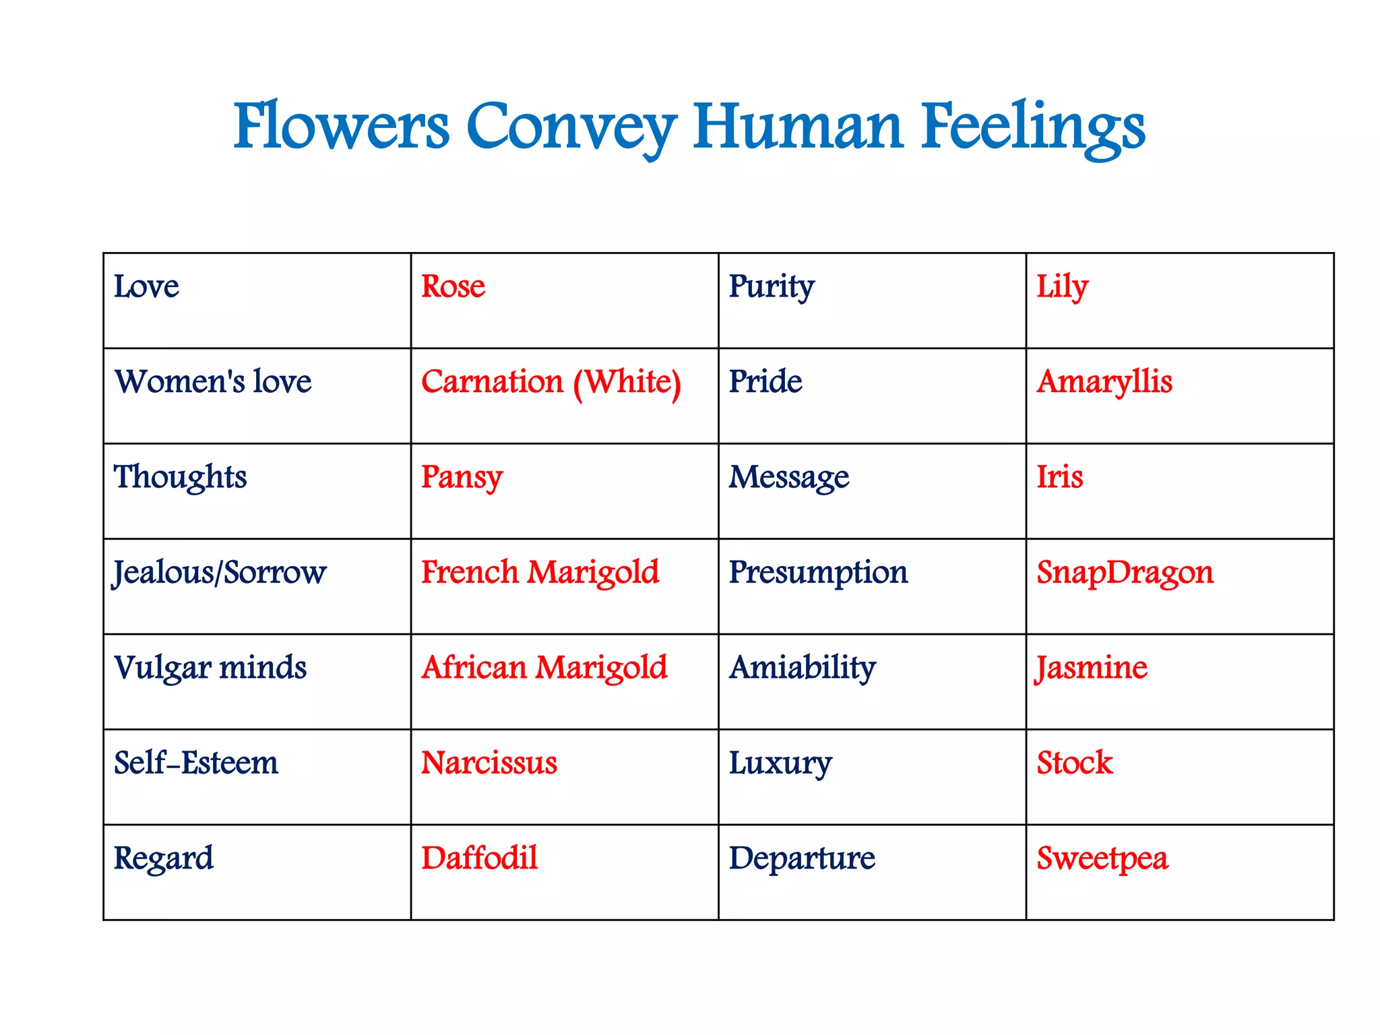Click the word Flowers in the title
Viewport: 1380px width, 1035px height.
[x=341, y=127]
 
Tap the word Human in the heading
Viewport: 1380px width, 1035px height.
[x=798, y=127]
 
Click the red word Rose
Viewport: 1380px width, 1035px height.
[x=453, y=286]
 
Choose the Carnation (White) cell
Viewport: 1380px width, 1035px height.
[x=551, y=383]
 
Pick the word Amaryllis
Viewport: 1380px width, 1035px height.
[x=1104, y=383]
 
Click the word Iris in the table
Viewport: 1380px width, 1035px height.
[x=1059, y=477]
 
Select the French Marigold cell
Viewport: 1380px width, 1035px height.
[x=540, y=573]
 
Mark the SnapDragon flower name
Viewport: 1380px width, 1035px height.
[x=1125, y=573]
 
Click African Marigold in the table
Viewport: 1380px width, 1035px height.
[x=544, y=668]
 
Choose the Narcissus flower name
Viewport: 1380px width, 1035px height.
[x=489, y=763]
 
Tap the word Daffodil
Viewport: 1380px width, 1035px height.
[x=479, y=858]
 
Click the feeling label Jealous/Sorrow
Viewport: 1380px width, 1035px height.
[x=219, y=573]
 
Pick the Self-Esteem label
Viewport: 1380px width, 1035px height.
[x=195, y=763]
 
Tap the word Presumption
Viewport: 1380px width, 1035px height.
[x=818, y=573]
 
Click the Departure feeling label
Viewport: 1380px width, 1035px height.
[x=802, y=858]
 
